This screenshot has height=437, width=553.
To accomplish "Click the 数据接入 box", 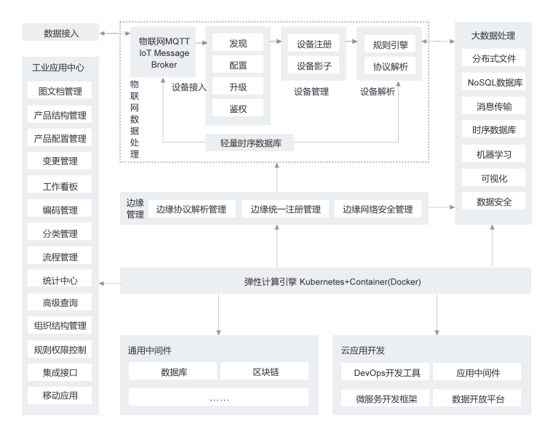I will pyautogui.click(x=60, y=33).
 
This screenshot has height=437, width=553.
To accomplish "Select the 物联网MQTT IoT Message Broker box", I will pyautogui.click(x=163, y=52).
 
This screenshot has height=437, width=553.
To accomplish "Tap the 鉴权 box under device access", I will pyautogui.click(x=238, y=109).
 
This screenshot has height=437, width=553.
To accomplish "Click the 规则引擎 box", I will pyautogui.click(x=390, y=44).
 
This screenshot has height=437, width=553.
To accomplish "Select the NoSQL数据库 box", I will pyautogui.click(x=495, y=83).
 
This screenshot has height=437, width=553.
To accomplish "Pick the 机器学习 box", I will pyautogui.click(x=495, y=154).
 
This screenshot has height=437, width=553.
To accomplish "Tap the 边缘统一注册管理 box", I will pyautogui.click(x=285, y=209).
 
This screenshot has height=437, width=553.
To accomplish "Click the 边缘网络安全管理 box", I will pyautogui.click(x=378, y=209).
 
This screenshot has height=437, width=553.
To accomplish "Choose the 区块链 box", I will pyautogui.click(x=264, y=372).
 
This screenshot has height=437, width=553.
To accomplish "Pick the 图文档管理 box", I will pyautogui.click(x=60, y=92).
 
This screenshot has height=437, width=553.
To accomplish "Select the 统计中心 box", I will pyautogui.click(x=60, y=280).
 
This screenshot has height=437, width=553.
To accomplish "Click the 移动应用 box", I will pyautogui.click(x=60, y=396).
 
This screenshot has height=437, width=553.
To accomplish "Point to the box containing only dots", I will pyautogui.click(x=218, y=398).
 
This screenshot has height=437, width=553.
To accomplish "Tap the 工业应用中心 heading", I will pyautogui.click(x=58, y=68).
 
